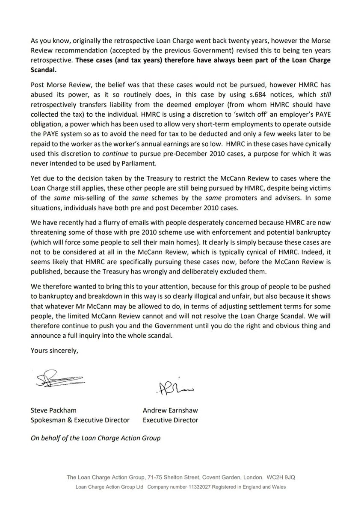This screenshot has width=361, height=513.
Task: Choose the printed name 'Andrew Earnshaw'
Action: [x=170, y=410]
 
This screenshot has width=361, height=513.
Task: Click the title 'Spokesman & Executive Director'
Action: [x=80, y=420]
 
